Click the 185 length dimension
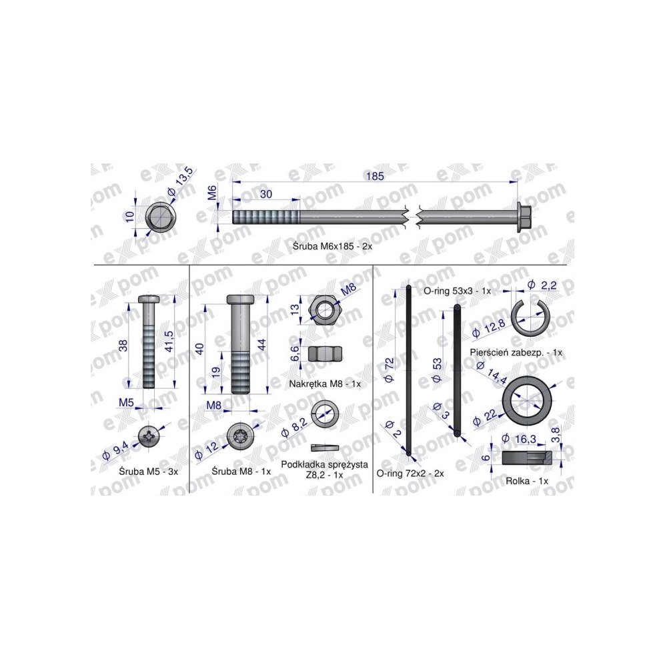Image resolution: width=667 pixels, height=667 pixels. click(374, 176)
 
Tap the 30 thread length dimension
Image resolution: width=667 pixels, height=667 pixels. click(266, 194)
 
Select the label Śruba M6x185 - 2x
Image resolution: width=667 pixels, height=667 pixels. click(333, 246)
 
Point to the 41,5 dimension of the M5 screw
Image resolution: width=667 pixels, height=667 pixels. click(169, 341)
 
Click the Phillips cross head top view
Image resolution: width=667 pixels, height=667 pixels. click(149, 436)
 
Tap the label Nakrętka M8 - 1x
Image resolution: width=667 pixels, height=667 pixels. click(325, 384)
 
